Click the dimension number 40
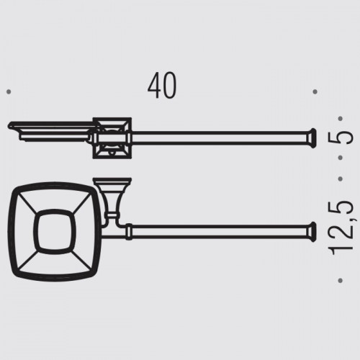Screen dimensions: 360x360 pyautogui.click(x=162, y=86)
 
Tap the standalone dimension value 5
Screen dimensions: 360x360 pyautogui.click(x=340, y=138)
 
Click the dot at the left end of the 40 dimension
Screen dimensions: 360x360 pyautogui.click(x=9, y=91)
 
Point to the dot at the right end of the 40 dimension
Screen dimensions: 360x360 pyautogui.click(x=315, y=91)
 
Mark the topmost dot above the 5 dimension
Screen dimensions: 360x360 pyautogui.click(x=340, y=119)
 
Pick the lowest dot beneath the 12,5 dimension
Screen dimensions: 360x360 pyautogui.click(x=340, y=280)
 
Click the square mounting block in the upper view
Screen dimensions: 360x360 pyautogui.click(x=112, y=138)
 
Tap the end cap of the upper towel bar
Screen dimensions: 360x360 pyautogui.click(x=312, y=138)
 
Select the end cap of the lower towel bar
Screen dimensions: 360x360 pyautogui.click(x=312, y=232)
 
